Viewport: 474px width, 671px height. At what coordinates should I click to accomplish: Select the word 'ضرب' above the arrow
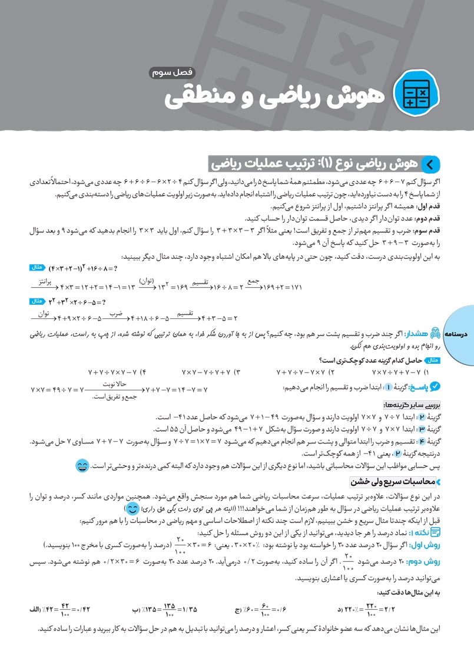pos(115,314)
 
